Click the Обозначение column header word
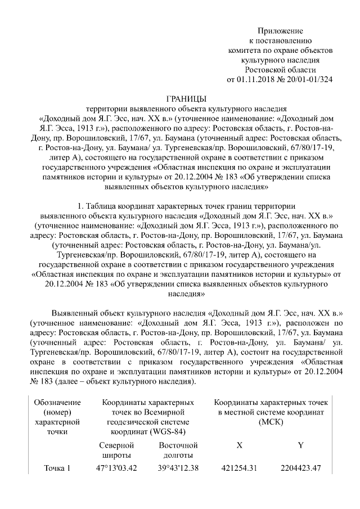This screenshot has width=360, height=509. tap(57, 403)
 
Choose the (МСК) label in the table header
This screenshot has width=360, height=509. tap(273, 422)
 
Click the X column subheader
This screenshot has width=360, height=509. tap(240, 445)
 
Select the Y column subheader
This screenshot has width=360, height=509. tap(300, 445)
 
